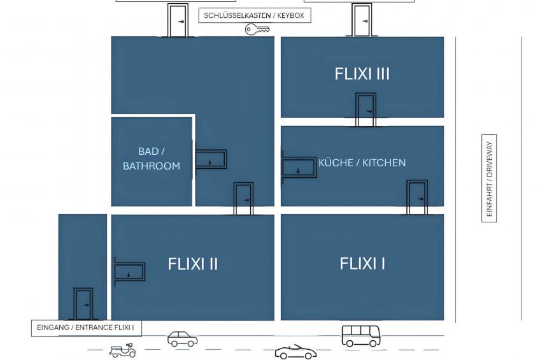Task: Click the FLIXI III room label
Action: [362, 74]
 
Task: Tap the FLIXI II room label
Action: [192, 264]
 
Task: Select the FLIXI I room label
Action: [362, 264]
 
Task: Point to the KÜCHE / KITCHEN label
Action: [362, 162]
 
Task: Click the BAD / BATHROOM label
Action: [152, 159]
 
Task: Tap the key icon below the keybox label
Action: [257, 29]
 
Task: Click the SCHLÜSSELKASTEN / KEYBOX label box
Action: [255, 15]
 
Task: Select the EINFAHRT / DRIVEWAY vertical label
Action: [489, 178]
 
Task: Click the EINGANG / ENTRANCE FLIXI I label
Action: [86, 328]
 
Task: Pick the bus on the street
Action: [361, 336]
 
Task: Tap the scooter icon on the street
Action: [123, 350]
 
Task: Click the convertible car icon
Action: [295, 352]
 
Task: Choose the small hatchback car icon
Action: [183, 338]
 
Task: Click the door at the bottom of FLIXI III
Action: [366, 110]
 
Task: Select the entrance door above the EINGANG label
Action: [83, 304]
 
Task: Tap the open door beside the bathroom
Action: [210, 159]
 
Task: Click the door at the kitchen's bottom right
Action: [417, 198]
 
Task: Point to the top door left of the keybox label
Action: [178, 20]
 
